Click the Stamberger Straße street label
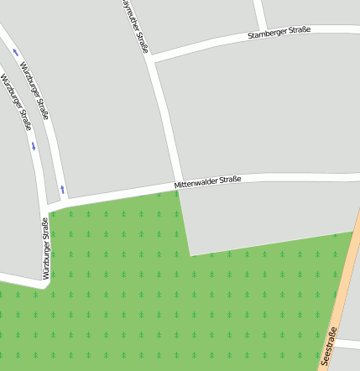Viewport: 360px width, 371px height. [279, 33]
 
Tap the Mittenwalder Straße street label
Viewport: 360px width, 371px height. [207, 180]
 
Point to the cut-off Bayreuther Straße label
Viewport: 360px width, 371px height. [135, 25]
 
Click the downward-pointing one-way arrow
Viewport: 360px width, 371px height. [34, 146]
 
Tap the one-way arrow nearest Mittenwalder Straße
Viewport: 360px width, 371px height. [62, 189]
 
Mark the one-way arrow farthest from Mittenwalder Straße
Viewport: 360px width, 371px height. [15, 53]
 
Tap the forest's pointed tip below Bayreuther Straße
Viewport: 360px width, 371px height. [177, 193]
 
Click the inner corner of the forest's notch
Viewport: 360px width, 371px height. [191, 254]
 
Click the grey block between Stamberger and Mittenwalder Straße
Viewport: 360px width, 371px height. [252, 109]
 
